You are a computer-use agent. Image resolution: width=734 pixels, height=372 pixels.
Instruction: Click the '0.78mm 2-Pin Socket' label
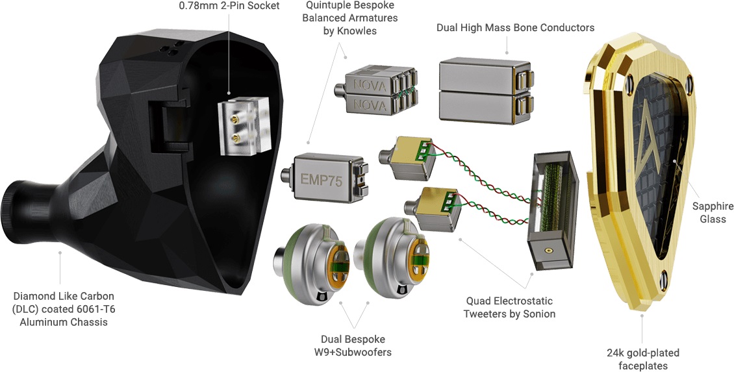[229, 6]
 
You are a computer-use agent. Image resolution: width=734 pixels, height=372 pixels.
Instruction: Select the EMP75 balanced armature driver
[322, 180]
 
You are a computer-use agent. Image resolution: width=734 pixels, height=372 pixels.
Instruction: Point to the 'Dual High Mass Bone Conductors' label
[516, 28]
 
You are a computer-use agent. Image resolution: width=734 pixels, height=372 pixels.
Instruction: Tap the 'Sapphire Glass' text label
[712, 212]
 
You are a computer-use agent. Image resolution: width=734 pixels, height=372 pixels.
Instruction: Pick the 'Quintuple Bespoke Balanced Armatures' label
[351, 18]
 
